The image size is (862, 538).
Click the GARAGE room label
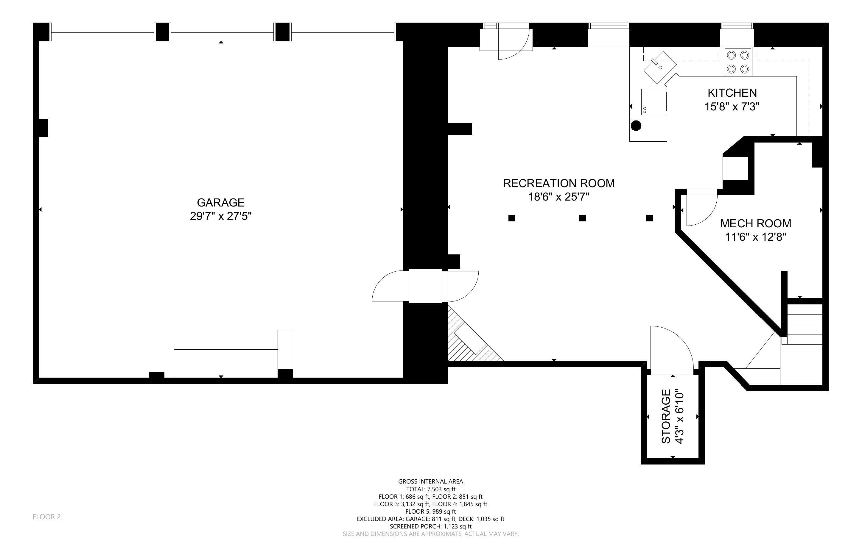221,202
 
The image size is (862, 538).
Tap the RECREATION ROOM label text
559,183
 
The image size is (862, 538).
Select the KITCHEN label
732,93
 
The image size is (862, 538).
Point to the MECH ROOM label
756,223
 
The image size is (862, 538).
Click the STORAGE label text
666,417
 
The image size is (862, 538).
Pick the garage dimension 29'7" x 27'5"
221,216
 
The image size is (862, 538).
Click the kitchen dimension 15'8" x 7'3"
732,107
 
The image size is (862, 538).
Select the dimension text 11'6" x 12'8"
756,237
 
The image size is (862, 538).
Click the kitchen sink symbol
660,68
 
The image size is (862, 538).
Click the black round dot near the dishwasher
636,126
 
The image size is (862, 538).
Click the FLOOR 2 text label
47,517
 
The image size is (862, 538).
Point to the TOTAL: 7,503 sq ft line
431,489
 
